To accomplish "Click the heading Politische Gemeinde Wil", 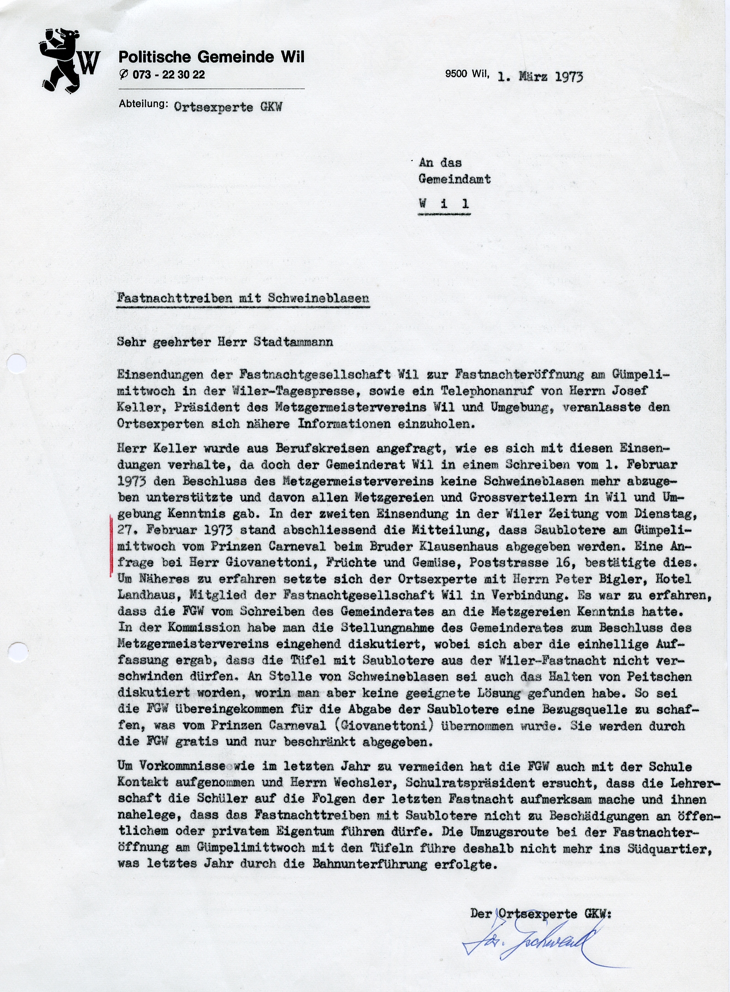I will click(211, 57).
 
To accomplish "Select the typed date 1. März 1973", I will click(540, 76).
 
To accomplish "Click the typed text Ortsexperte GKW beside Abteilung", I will click(228, 107).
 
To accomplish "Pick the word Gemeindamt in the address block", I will click(454, 179).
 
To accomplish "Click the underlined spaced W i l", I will click(444, 204).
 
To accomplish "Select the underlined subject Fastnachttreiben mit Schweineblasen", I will click(243, 298).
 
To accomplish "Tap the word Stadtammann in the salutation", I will click(293, 342).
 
